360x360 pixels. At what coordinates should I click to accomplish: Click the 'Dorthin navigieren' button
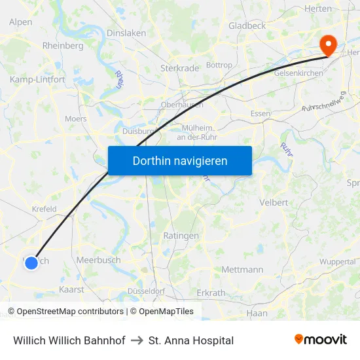(x=180, y=160)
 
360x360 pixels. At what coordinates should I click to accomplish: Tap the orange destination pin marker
(x=327, y=45)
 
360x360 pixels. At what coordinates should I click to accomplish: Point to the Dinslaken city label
(x=126, y=33)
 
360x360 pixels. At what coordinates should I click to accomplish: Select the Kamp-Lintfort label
(x=37, y=79)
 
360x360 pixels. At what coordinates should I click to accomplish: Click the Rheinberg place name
(x=63, y=46)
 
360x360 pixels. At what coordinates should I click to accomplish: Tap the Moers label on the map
(x=76, y=119)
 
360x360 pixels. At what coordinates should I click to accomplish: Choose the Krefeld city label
(x=45, y=209)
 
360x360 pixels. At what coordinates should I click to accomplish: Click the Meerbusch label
(x=98, y=260)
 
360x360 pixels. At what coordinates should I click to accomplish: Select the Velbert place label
(x=274, y=202)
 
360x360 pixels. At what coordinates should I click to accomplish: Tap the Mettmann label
(x=242, y=270)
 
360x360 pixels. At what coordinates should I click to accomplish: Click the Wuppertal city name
(x=338, y=262)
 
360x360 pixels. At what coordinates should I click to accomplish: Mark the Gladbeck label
(x=247, y=26)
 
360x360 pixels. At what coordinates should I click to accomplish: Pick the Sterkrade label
(x=179, y=67)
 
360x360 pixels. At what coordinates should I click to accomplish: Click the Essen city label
(x=261, y=113)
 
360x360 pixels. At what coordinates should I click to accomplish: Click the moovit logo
(x=321, y=340)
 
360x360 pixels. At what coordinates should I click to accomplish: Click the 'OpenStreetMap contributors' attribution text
(x=70, y=312)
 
